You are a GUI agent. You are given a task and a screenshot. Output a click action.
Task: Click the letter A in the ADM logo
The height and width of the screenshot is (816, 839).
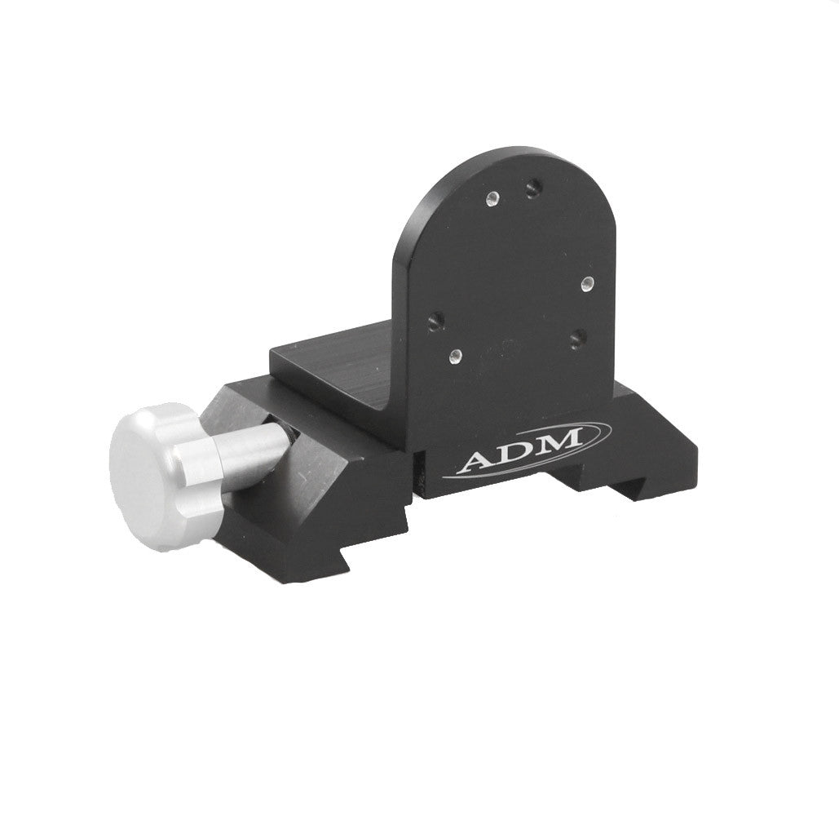(475, 462)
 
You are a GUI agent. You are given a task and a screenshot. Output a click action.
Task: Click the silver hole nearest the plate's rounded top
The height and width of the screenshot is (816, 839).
(492, 197)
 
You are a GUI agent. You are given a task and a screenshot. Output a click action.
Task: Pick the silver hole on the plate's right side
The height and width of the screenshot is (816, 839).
(586, 282)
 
